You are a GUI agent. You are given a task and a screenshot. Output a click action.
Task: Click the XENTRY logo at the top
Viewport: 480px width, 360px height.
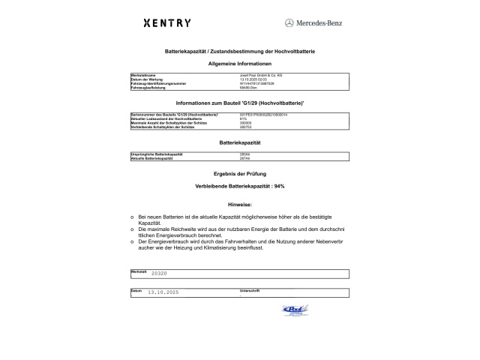coord(166,23)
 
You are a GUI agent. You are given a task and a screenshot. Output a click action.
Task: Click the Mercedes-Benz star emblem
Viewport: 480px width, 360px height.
coord(289,23)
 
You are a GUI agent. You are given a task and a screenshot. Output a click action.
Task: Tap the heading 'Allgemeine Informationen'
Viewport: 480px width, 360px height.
coord(239,65)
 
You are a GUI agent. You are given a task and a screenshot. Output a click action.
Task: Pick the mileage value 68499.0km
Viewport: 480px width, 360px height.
coord(248,88)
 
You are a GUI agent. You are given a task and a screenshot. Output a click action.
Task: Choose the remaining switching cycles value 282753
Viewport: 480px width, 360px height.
coord(245,125)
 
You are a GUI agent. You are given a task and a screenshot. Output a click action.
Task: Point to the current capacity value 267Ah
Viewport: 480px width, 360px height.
coord(244,159)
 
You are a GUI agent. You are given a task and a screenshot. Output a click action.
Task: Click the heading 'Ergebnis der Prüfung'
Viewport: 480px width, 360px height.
coord(239,173)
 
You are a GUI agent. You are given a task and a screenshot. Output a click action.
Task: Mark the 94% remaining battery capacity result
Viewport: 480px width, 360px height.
coord(239,185)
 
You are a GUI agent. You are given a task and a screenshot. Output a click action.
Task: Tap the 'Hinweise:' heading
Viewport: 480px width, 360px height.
coord(239,204)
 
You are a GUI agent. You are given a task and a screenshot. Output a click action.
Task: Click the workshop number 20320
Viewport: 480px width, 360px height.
coord(159,274)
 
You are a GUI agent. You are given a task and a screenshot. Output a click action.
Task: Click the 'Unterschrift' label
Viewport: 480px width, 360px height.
coord(249,289)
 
